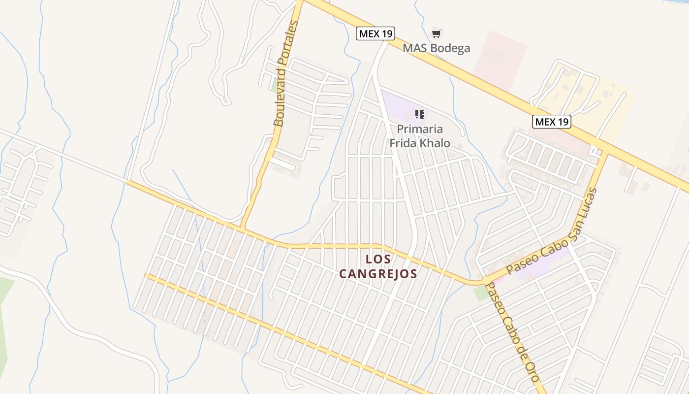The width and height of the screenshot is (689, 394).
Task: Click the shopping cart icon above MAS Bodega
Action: [436, 33]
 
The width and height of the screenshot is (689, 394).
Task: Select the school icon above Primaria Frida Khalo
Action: [419, 114]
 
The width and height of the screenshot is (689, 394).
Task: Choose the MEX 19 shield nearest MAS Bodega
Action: [376, 33]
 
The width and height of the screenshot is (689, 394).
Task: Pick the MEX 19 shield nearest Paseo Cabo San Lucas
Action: [551, 122]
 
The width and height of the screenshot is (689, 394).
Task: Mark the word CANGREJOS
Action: [378, 274]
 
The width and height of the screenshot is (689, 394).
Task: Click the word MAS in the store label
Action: [413, 48]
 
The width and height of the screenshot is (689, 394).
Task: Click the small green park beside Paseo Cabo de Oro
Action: [481, 294]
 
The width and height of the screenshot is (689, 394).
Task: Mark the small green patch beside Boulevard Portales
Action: [274, 85]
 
